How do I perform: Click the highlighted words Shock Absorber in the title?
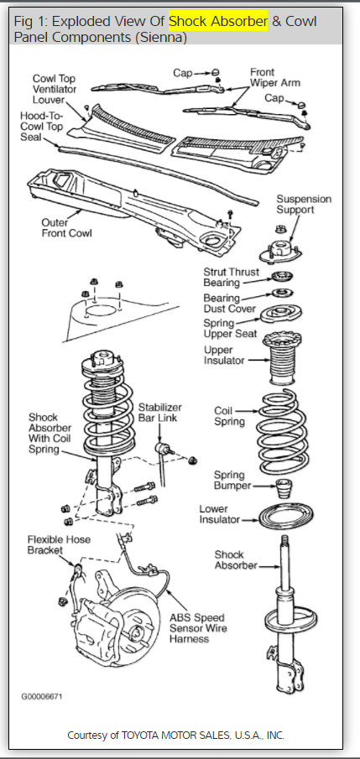pyautogui.click(x=218, y=21)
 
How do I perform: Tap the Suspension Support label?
pyautogui.click(x=303, y=205)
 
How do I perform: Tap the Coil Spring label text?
pyautogui.click(x=230, y=416)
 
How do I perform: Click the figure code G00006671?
pyautogui.click(x=41, y=697)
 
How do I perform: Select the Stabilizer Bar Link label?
pyautogui.click(x=160, y=412)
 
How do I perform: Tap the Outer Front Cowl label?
pyautogui.click(x=66, y=227)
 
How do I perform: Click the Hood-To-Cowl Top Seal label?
pyautogui.click(x=41, y=127)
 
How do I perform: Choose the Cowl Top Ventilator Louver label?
pyautogui.click(x=55, y=89)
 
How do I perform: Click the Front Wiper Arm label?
pyautogui.click(x=274, y=77)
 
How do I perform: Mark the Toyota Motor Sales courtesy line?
pyautogui.click(x=176, y=736)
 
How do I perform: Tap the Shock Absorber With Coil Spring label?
pyautogui.click(x=50, y=434)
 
